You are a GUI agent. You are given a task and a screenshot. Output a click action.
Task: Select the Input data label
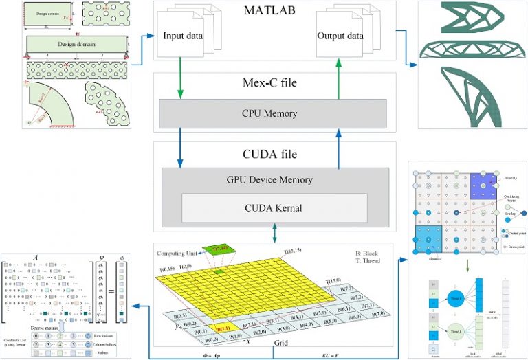tap(181, 36)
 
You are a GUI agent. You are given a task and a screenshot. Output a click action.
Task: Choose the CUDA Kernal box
tap(274, 207)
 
